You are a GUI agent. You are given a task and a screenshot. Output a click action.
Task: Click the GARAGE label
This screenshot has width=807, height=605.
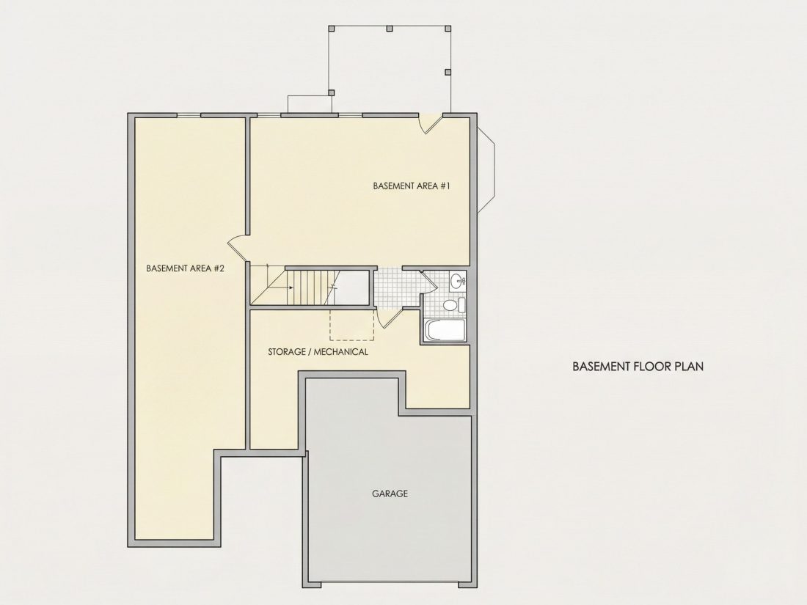point(390,494)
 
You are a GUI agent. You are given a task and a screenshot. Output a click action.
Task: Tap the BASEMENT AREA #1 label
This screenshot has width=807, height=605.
point(412,186)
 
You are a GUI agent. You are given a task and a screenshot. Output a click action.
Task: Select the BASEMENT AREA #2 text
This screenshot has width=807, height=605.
point(186,268)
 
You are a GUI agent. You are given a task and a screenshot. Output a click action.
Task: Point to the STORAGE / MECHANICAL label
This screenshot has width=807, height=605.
point(318,352)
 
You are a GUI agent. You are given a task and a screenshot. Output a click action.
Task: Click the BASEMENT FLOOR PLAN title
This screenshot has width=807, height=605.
point(638,366)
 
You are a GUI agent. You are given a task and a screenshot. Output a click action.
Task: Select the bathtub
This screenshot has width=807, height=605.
point(445,330)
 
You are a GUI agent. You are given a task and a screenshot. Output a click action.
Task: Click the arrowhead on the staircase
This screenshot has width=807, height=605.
point(291,287)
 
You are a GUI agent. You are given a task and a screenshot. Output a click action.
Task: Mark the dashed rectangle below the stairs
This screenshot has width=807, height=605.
point(352,325)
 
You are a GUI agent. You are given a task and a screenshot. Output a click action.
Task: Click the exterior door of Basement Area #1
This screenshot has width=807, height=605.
point(431,124)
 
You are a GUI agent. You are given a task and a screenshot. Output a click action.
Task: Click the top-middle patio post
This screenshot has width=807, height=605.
point(390,28)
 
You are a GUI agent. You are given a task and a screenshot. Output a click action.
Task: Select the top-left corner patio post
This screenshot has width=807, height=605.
point(332,28)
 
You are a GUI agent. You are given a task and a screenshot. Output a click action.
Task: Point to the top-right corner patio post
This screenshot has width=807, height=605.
point(448,28)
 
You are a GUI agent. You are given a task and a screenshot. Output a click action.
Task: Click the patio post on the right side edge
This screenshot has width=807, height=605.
point(448,72)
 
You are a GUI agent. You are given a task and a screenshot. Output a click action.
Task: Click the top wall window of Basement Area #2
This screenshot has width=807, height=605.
point(189,114)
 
